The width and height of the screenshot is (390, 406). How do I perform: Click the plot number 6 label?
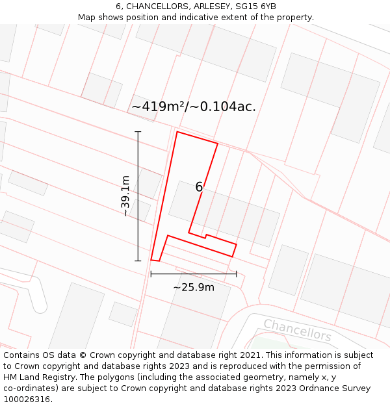click(199, 187)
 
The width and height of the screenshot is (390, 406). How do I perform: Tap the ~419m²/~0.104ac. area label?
click(194, 107)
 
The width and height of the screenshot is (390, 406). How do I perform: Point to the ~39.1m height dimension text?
click(125, 196)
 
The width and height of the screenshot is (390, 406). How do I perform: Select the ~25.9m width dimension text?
click(193, 287)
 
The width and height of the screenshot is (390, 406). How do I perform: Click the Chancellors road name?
click(297, 329)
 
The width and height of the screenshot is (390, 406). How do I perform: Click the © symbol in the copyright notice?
click(83, 355)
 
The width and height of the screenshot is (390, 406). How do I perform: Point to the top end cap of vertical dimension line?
click(138, 132)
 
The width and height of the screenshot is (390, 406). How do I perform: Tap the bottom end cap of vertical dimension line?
click(138, 260)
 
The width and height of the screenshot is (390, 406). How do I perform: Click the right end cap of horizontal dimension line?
click(236, 274)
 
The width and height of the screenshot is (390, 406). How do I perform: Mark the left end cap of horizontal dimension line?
click(151, 274)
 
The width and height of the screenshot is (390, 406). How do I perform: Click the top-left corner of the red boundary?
click(177, 132)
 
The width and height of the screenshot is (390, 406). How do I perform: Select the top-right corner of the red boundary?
click(218, 144)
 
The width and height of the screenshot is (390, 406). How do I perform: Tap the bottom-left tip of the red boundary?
click(151, 260)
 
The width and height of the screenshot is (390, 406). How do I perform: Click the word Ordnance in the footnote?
click(318, 388)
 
